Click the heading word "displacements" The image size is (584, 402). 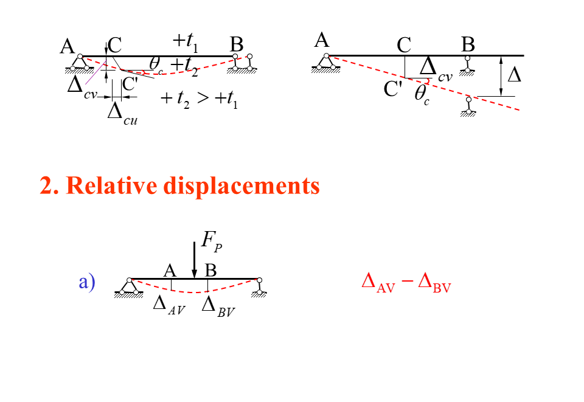pos(242,185)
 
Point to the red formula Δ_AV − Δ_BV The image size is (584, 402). pos(406,283)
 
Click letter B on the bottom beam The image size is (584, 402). pos(210,270)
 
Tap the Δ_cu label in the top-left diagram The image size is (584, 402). pos(122,113)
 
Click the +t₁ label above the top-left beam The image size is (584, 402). pos(186,41)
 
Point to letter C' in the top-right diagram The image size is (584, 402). pos(393,89)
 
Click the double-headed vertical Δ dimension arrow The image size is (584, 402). pos(501,75)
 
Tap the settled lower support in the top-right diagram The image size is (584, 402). pos(468,106)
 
